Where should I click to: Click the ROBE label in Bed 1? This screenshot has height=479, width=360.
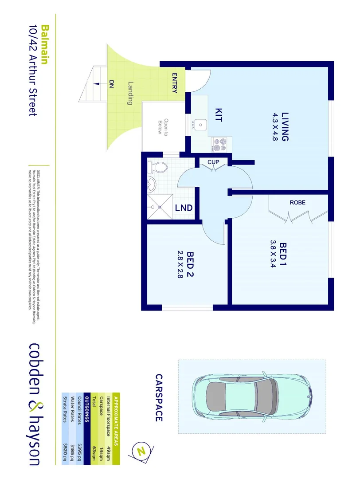pyautogui.click(x=297, y=202)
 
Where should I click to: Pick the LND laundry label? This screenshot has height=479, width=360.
pyautogui.click(x=184, y=208)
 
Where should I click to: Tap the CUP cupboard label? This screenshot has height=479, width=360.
pyautogui.click(x=213, y=162)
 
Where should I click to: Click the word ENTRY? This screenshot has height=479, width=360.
pyautogui.click(x=175, y=82)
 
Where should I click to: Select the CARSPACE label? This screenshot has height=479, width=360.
pyautogui.click(x=159, y=398)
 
